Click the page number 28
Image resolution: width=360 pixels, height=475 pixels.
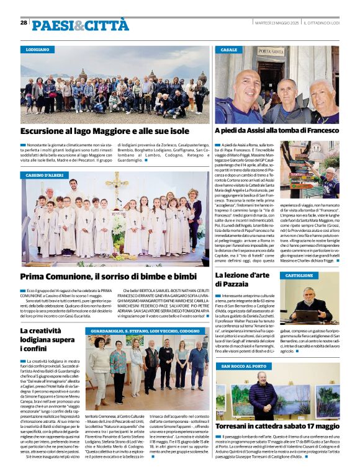24,23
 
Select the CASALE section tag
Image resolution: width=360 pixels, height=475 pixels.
230,49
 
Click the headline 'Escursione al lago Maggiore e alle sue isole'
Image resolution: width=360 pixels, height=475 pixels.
104,131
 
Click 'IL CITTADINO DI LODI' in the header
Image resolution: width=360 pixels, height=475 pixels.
322,23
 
